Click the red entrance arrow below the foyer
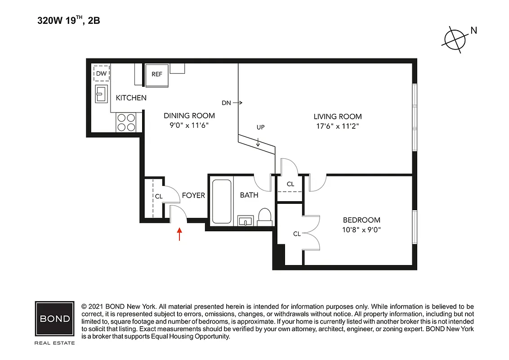pyautogui.click(x=179, y=234)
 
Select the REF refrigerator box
pyautogui.click(x=156, y=75)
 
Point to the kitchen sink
pyautogui.click(x=101, y=94)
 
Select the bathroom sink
pyautogui.click(x=245, y=220)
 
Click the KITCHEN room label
pyautogui.click(x=131, y=98)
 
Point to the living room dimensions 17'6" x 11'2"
pyautogui.click(x=337, y=126)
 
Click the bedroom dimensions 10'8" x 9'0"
pyautogui.click(x=362, y=229)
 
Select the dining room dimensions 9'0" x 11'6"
pyautogui.click(x=189, y=126)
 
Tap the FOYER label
pyautogui.click(x=193, y=195)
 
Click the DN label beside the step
pyautogui.click(x=226, y=103)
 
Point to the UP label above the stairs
pyautogui.click(x=260, y=127)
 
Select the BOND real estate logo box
pyautogui.click(x=54, y=319)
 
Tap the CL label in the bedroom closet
pyautogui.click(x=297, y=234)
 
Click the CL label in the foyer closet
pyautogui.click(x=158, y=196)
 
